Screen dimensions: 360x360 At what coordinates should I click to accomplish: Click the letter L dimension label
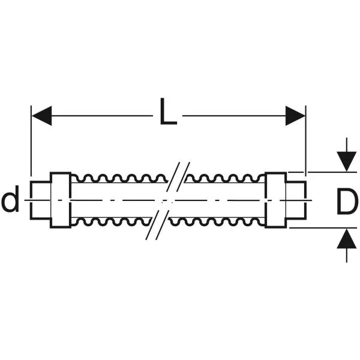point(168,112)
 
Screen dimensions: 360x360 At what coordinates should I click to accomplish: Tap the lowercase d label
point(11,199)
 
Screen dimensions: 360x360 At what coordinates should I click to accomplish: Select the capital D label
point(347,202)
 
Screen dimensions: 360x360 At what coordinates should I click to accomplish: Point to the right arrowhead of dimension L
point(295,116)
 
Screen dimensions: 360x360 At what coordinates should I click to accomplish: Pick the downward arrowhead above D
point(347,161)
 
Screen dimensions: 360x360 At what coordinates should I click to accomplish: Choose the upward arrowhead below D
point(347,239)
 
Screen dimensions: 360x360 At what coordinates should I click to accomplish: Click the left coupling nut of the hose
point(61,200)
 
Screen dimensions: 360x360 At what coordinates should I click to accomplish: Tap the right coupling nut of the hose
point(276,200)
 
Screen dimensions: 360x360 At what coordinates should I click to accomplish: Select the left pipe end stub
point(40,200)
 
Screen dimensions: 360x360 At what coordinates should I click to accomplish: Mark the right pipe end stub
point(296,200)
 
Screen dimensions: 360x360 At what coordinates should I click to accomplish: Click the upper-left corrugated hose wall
point(119,179)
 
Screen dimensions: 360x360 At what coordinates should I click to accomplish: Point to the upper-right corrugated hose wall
point(225,179)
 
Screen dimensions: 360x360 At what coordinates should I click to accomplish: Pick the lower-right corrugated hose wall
point(217,221)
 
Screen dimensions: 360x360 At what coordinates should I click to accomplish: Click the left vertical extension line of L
point(31,141)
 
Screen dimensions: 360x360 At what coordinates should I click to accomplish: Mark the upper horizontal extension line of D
point(323,172)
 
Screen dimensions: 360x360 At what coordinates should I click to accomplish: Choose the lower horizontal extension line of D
point(323,228)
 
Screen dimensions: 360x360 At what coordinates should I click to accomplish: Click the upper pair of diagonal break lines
point(178,177)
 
